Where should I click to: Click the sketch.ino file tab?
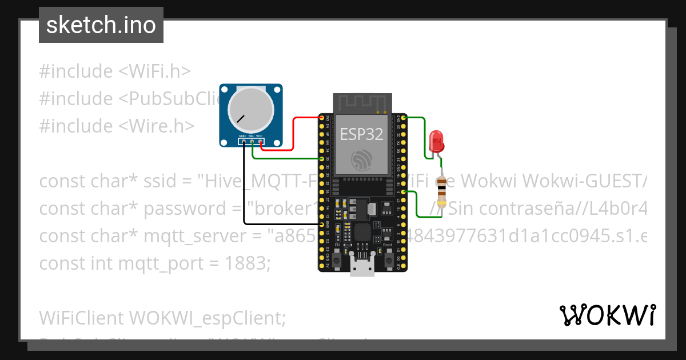click(101, 25)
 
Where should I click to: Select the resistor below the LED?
click(441, 191)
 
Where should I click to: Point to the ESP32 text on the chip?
click(361, 134)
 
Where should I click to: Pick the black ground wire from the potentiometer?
click(244, 189)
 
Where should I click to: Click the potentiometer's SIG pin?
click(252, 141)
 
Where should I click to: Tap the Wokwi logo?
click(607, 315)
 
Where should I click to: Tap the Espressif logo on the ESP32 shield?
click(362, 159)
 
